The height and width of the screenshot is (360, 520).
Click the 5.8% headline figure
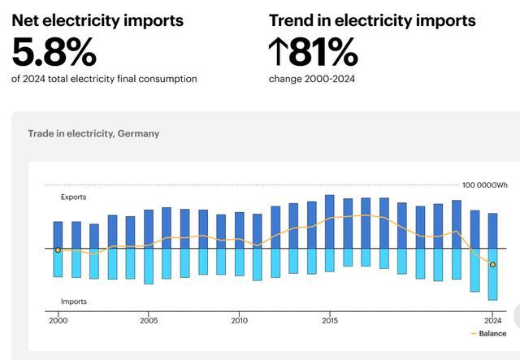click(54, 51)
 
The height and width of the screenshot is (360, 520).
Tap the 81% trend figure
click(323, 51)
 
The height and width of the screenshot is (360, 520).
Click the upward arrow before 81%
click(278, 51)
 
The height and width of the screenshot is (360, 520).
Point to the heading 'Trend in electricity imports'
click(372, 20)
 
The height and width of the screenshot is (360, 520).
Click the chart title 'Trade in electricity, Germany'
click(93, 133)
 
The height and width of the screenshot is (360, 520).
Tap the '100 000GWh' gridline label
click(485, 185)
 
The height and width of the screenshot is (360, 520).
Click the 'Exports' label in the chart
click(73, 197)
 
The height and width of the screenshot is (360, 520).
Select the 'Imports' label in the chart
click(73, 301)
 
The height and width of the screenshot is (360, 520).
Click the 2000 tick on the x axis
click(58, 320)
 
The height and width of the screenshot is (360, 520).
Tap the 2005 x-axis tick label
click(148, 320)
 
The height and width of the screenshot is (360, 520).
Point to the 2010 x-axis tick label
click(239, 320)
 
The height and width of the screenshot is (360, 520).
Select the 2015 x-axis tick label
click(329, 320)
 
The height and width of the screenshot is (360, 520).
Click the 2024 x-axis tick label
click(492, 320)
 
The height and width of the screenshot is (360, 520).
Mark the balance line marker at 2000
click(58, 250)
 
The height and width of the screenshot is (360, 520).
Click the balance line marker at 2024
click(492, 264)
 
